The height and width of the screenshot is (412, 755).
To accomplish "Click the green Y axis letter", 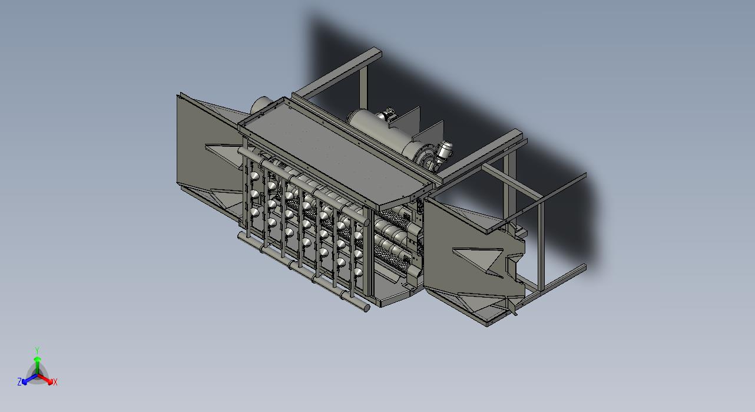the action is tap(37, 350).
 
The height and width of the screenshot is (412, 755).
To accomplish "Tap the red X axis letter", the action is tap(55, 383).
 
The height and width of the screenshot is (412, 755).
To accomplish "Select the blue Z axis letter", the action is tap(19, 381).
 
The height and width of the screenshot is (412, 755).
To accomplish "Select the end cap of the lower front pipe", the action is tap(366, 308).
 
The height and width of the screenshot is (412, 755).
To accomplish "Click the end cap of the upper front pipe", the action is tap(366, 221).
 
